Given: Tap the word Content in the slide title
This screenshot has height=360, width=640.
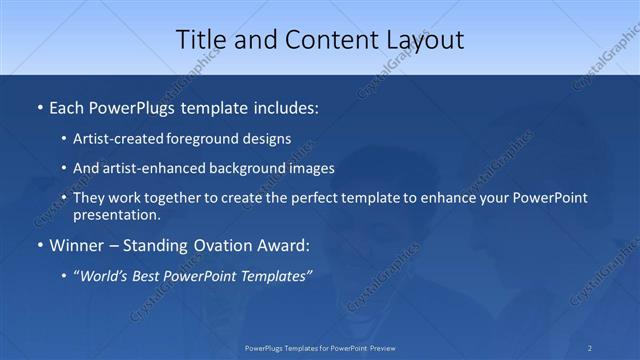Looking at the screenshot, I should [x=327, y=40].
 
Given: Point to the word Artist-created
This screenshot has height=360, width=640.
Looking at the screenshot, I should [x=116, y=141].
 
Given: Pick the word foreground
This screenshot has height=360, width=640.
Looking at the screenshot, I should [x=196, y=141].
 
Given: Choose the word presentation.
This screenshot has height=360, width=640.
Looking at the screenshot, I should [x=116, y=215].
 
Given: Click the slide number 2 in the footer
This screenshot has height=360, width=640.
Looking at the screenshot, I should [x=590, y=348].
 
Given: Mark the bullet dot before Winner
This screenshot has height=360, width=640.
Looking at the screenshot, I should [x=38, y=245].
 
